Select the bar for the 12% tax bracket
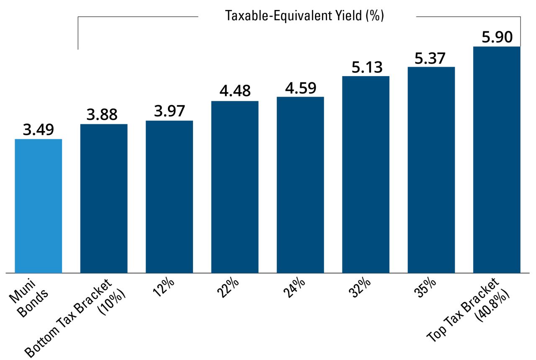(x=169, y=197)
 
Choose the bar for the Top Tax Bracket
(x=497, y=159)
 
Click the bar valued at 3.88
(x=104, y=198)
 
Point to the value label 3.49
(x=39, y=130)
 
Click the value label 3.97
(x=169, y=112)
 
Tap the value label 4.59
(x=300, y=88)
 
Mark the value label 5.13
(x=367, y=67)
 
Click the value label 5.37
(x=431, y=58)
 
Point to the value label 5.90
(x=497, y=38)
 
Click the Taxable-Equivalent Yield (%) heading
(x=305, y=16)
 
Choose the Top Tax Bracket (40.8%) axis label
(x=469, y=310)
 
